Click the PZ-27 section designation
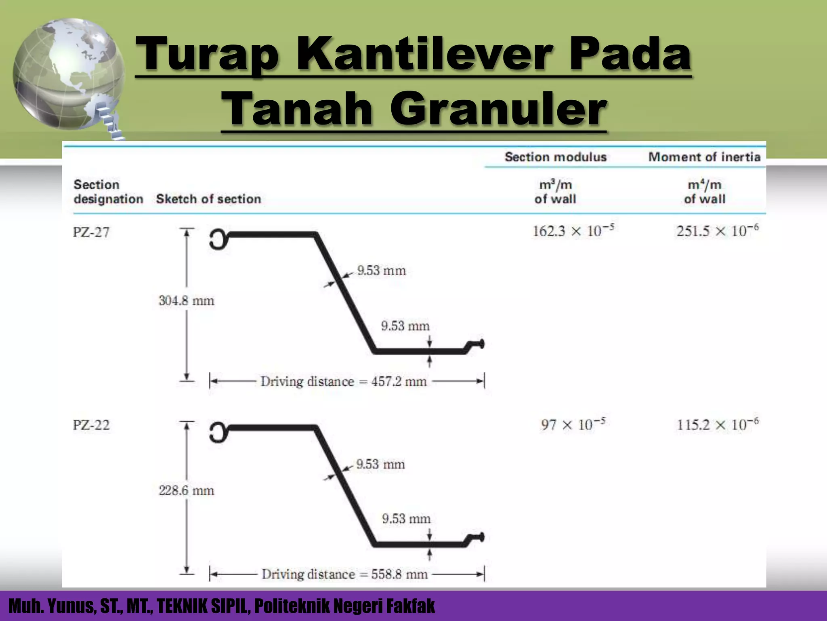coord(91,232)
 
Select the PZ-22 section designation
coord(91,425)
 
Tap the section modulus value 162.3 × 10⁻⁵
coord(573,230)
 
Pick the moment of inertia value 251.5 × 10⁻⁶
coord(717,230)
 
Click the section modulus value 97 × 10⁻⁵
coord(573,424)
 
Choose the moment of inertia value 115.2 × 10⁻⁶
coord(717,424)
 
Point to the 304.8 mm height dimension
coord(186,301)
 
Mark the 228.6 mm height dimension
coord(186,490)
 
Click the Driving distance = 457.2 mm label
coord(343,381)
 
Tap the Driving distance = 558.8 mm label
coord(344,574)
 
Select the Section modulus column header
coord(556,157)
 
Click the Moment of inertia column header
coord(704,157)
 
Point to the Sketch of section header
coord(208,199)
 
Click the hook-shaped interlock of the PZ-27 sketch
coord(218,239)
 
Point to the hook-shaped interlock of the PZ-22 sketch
coord(218,432)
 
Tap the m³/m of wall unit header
coord(555,192)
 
